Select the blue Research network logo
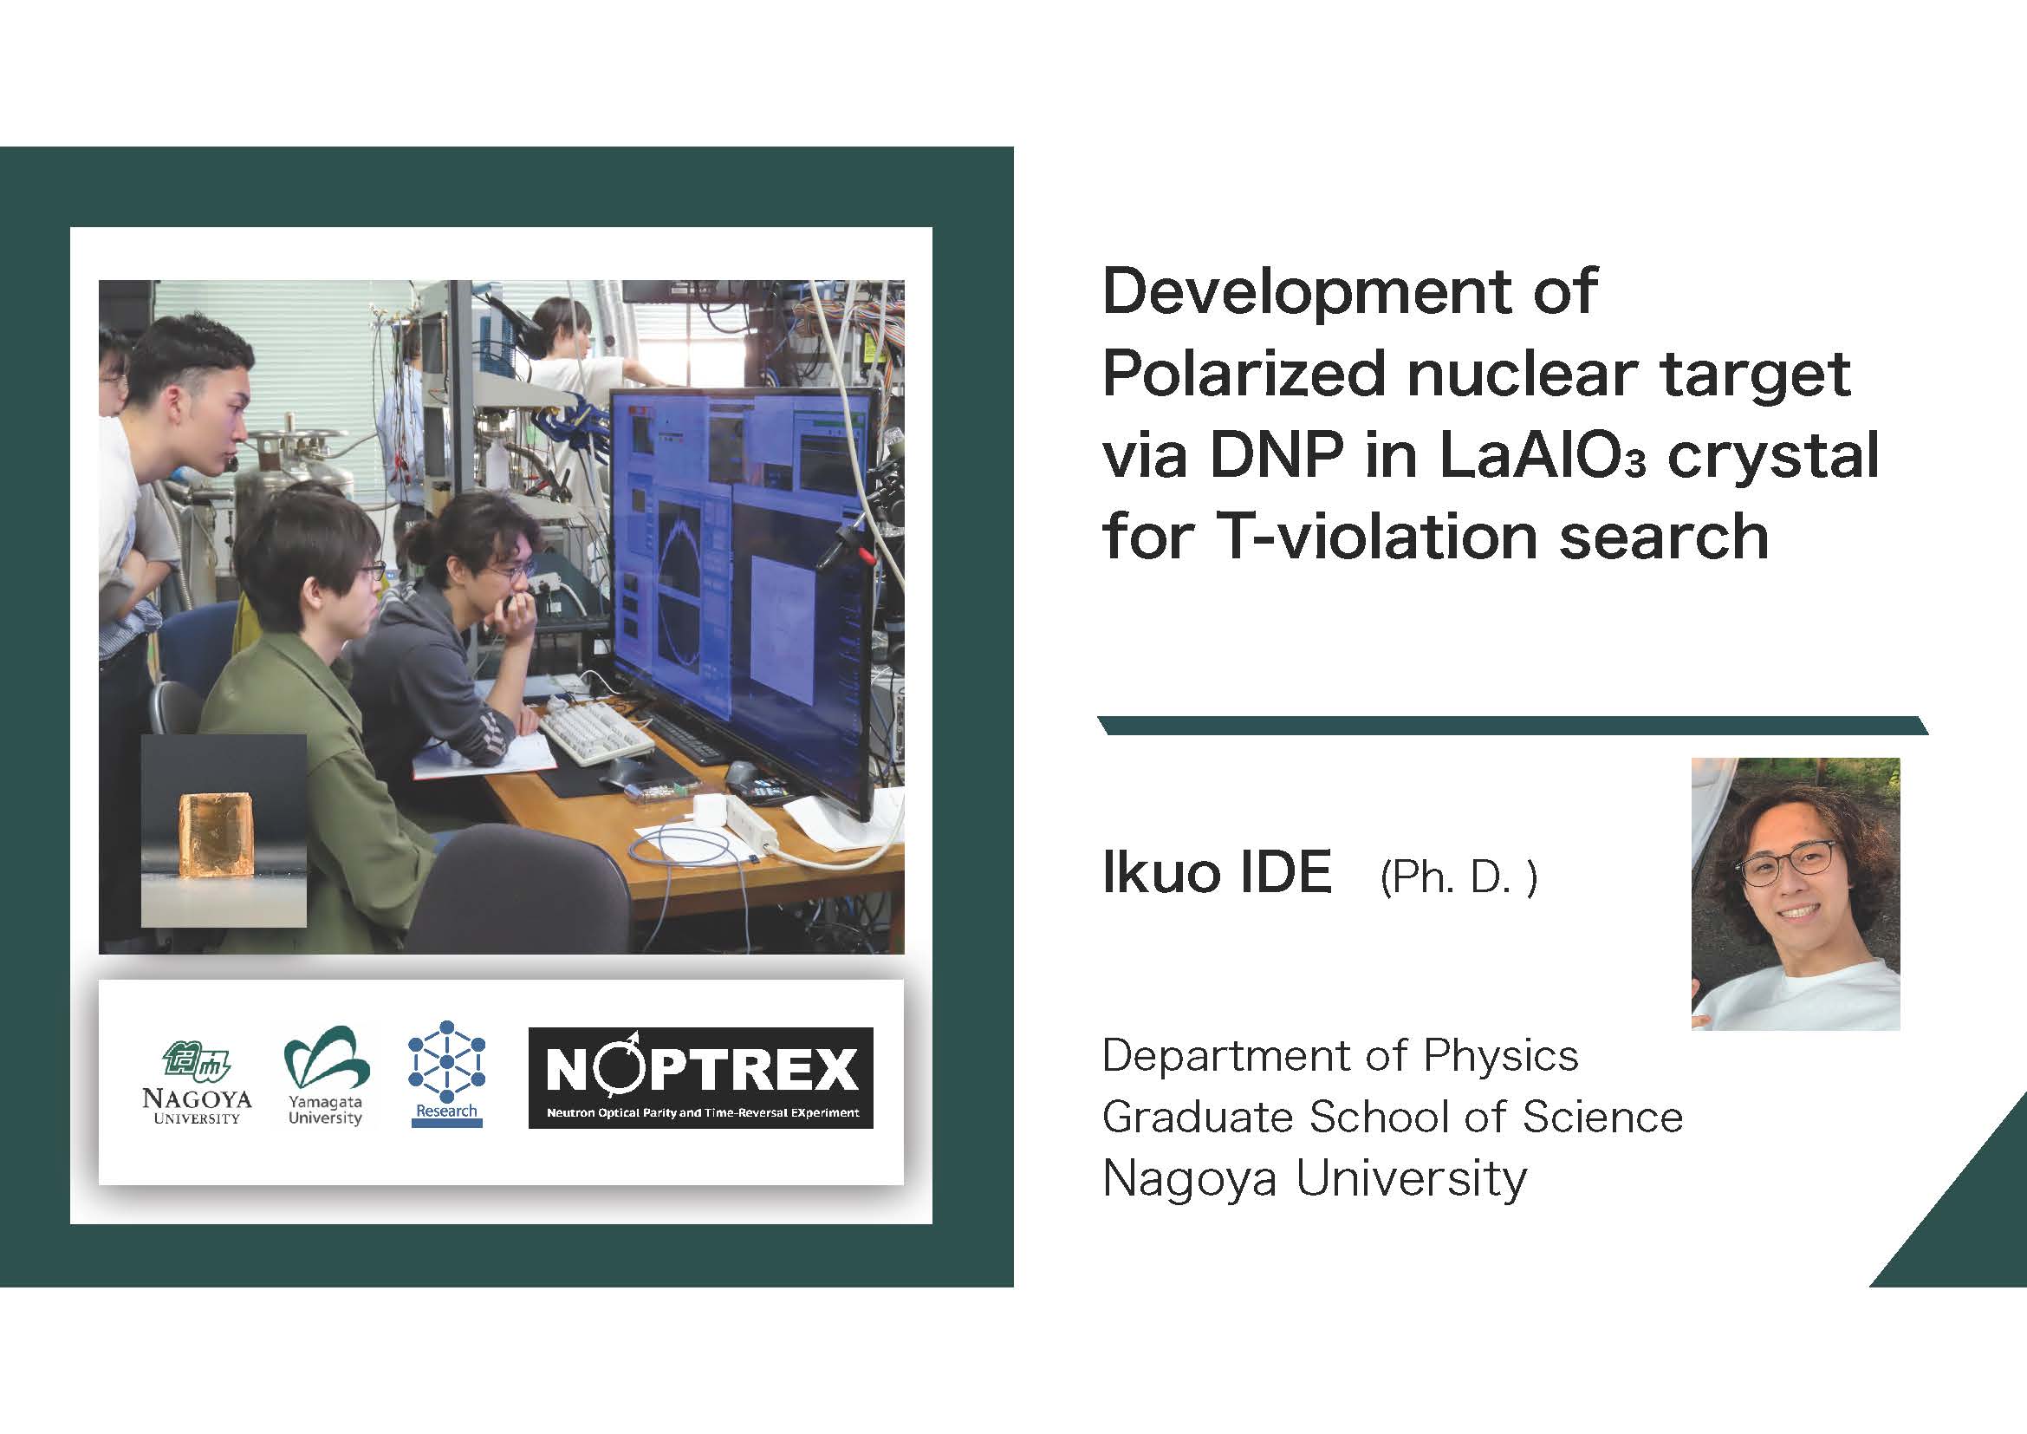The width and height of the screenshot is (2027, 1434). [446, 1072]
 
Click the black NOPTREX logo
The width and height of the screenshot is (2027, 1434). [701, 1078]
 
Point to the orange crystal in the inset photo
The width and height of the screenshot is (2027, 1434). [216, 834]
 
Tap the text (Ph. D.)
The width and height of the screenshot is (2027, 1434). [1459, 877]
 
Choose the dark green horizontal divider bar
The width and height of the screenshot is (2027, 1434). [1512, 726]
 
